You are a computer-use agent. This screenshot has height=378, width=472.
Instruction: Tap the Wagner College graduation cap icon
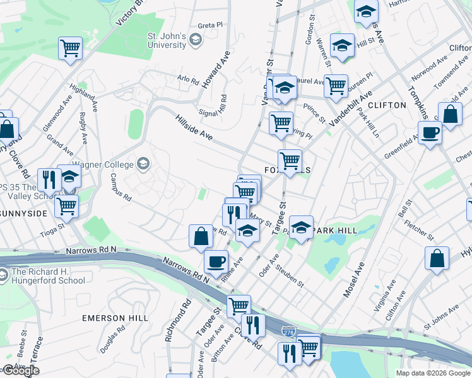(145, 164)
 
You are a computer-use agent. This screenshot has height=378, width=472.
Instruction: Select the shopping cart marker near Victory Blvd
(70, 48)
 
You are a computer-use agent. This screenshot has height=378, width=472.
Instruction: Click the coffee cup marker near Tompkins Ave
(430, 134)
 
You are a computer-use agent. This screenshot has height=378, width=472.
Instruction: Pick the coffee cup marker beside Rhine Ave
(216, 261)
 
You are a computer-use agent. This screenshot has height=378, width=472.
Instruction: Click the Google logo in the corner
(20, 371)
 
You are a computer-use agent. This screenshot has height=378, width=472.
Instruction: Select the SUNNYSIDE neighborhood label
(24, 214)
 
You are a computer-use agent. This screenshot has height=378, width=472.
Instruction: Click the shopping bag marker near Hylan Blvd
(437, 258)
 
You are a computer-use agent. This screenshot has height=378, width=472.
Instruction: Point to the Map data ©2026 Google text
(433, 373)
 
